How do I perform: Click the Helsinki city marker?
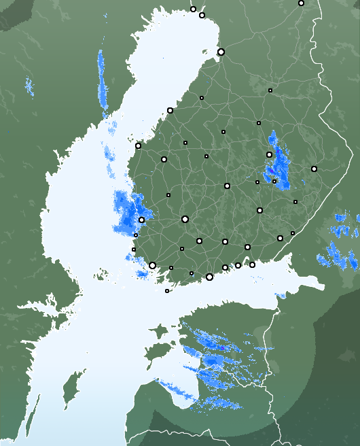(209, 277)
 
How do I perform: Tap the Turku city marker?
(153, 266)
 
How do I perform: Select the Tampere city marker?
(185, 219)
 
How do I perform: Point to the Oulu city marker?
(221, 52)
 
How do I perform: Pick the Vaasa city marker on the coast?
(138, 145)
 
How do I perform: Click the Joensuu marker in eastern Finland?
(314, 169)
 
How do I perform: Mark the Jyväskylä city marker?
(227, 186)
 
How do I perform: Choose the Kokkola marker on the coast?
(170, 110)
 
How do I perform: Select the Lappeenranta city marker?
(280, 238)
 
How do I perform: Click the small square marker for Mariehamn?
(167, 291)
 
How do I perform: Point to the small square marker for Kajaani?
(270, 90)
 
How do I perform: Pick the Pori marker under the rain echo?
(141, 220)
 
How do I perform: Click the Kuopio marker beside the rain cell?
(269, 154)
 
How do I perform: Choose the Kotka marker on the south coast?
(252, 264)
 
